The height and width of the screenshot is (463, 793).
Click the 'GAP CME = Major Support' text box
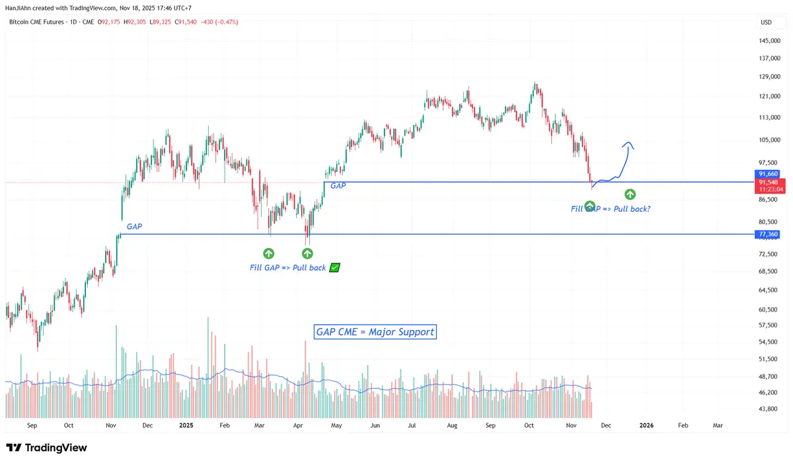click(x=375, y=332)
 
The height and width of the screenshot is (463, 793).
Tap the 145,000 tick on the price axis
click(x=769, y=41)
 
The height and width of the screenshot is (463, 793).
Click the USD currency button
click(x=766, y=22)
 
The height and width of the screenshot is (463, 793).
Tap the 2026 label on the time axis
click(x=647, y=426)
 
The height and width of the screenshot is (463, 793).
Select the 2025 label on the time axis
click(x=186, y=426)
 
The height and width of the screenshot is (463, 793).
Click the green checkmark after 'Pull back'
click(x=334, y=268)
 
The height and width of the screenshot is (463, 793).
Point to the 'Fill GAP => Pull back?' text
click(x=611, y=209)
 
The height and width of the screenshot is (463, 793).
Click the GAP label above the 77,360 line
click(x=134, y=227)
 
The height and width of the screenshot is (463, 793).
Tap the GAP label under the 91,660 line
click(x=338, y=187)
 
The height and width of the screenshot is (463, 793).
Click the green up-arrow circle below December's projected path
click(x=630, y=194)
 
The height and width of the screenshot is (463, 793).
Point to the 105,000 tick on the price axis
click(x=769, y=140)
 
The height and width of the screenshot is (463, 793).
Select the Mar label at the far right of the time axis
click(x=717, y=426)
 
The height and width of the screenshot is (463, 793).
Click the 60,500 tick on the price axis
click(x=769, y=310)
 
